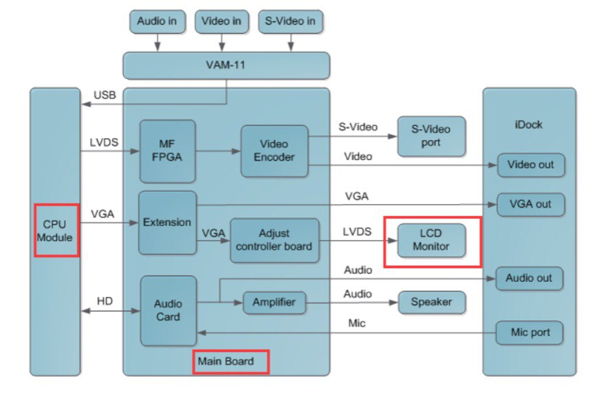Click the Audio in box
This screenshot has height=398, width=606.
click(157, 21)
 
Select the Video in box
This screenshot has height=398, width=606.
click(221, 21)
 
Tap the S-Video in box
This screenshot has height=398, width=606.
click(290, 21)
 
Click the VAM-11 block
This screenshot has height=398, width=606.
click(226, 65)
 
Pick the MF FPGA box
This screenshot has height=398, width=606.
click(167, 151)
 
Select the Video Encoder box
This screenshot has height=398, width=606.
click(274, 151)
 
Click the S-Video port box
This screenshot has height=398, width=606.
click(431, 136)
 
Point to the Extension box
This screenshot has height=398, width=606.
click(167, 222)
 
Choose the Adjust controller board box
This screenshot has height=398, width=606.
click(274, 240)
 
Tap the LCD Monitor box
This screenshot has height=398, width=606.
click(431, 240)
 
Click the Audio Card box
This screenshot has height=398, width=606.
click(168, 310)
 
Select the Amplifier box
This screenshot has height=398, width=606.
click(274, 302)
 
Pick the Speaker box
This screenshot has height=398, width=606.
click(431, 302)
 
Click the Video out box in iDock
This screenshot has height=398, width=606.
click(530, 165)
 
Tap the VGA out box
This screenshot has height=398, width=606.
click(530, 204)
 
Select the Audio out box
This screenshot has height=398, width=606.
click(529, 278)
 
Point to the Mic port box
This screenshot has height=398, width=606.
click(530, 333)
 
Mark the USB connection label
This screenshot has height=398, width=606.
click(104, 95)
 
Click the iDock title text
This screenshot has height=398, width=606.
click(528, 124)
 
